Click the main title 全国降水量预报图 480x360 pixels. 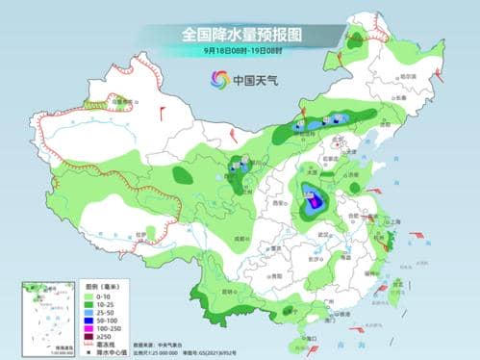point(240,34)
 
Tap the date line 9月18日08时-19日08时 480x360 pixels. point(240,49)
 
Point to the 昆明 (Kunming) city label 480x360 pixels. point(229,289)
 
